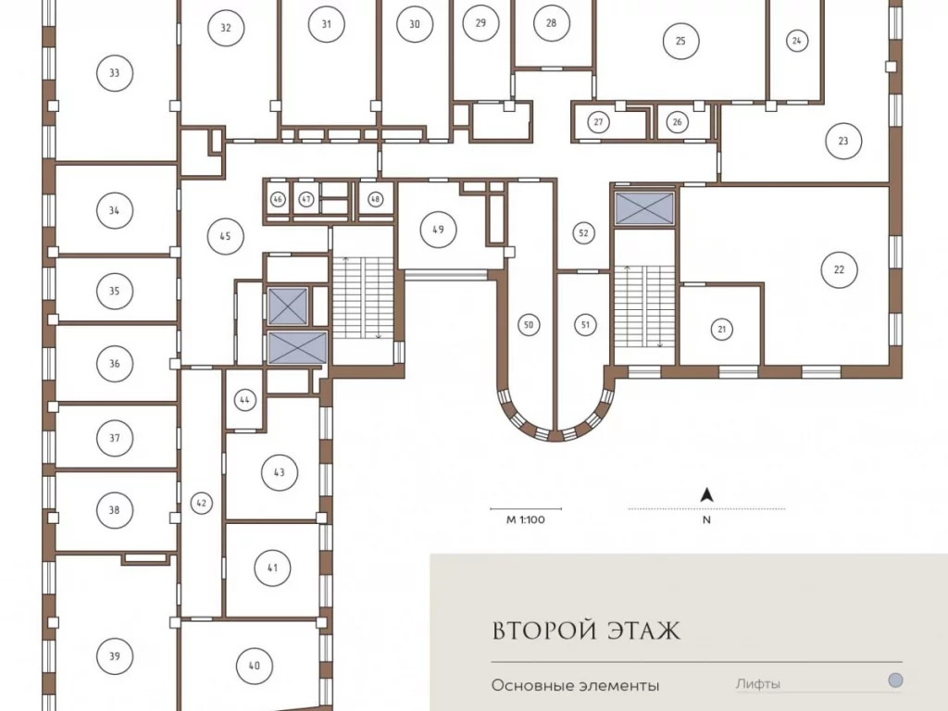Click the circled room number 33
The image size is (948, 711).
point(114,73)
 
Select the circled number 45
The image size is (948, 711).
point(225,236)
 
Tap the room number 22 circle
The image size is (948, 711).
point(839,269)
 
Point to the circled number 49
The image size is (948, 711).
point(438,230)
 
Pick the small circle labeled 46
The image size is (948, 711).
point(278,200)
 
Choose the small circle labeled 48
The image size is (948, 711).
point(376,199)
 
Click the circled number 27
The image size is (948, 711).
point(598,122)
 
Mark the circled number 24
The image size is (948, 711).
point(797,41)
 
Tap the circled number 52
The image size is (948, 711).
point(583,232)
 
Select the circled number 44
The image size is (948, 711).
point(244,400)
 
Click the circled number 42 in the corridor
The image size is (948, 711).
point(201,503)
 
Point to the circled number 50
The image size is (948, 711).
point(529,325)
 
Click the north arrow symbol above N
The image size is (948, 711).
point(706,496)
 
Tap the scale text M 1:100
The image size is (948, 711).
point(526,519)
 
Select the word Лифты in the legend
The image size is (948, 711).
point(757,684)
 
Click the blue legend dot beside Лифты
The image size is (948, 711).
point(895,680)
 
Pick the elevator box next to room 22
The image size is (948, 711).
point(644,208)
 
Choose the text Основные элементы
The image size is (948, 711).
point(575,686)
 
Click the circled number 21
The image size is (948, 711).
point(721,330)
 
